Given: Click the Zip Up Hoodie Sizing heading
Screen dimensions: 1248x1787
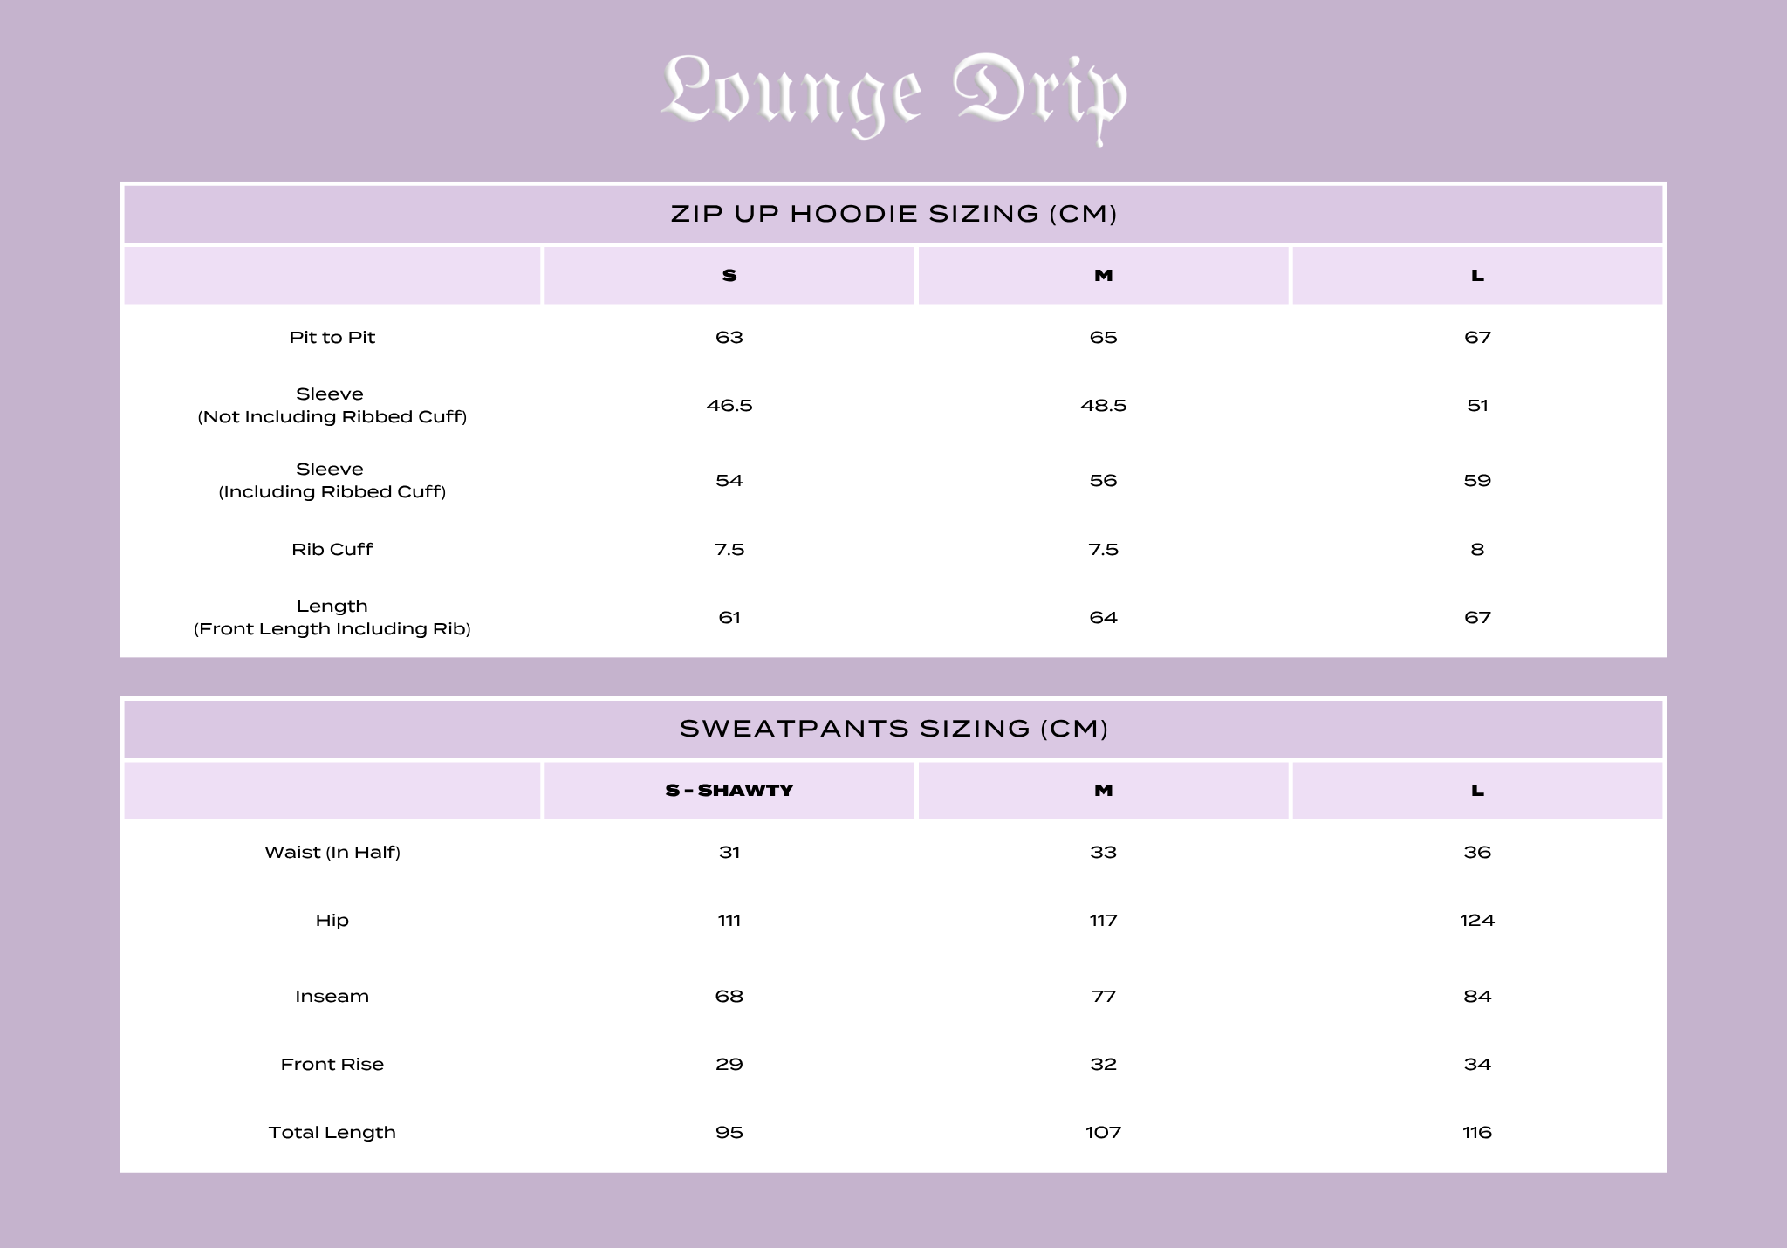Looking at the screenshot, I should point(893,214).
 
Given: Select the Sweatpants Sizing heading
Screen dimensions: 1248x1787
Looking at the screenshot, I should point(893,729).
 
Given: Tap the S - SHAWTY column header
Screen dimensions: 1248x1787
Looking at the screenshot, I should point(729,791).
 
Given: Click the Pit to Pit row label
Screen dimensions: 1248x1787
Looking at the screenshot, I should point(332,338).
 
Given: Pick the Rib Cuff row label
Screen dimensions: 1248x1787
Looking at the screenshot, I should point(332,550).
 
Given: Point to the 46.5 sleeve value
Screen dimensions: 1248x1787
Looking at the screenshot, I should point(729,406).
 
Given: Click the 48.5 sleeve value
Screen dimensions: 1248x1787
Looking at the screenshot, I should point(1103,406).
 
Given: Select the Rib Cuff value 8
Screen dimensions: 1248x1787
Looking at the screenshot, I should point(1477,550).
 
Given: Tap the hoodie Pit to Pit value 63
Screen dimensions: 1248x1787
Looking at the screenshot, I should point(729,338).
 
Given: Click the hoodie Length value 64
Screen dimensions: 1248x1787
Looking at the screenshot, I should point(1103,618).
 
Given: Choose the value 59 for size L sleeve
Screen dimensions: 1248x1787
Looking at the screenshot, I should point(1477,481).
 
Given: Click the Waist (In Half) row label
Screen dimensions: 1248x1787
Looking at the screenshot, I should point(332,853).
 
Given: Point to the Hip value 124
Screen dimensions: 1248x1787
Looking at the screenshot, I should point(1477,921).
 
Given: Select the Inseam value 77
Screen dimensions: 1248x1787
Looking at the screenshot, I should point(1103,997).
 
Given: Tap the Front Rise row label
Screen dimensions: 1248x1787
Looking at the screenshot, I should point(332,1065).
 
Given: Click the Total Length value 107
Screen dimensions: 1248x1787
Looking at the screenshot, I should point(1103,1133).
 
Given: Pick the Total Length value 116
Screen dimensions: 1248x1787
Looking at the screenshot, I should point(1477,1133).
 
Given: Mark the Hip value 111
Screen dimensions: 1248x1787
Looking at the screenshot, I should point(729,921).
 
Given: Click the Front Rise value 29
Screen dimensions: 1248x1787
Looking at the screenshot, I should point(729,1065).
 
